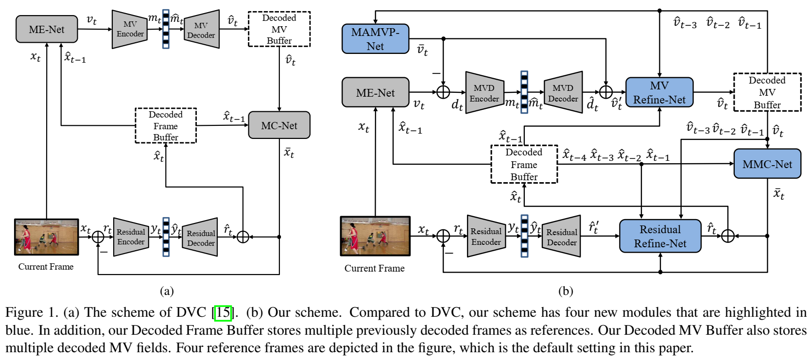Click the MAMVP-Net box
375,39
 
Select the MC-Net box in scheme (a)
279,125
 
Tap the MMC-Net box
767,164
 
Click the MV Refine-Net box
659,92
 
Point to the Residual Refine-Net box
660,236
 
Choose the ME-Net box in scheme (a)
47,29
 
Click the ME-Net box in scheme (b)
375,92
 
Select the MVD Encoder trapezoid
484,93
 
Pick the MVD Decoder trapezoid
563,93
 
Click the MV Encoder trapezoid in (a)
130,29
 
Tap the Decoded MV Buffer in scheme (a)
279,29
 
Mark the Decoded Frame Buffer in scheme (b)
524,164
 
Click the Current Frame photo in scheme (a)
47,237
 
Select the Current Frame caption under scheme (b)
374,268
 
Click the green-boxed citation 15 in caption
223,312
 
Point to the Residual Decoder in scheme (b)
561,237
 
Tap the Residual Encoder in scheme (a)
131,237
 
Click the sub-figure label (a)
167,291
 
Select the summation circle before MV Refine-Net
605,92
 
